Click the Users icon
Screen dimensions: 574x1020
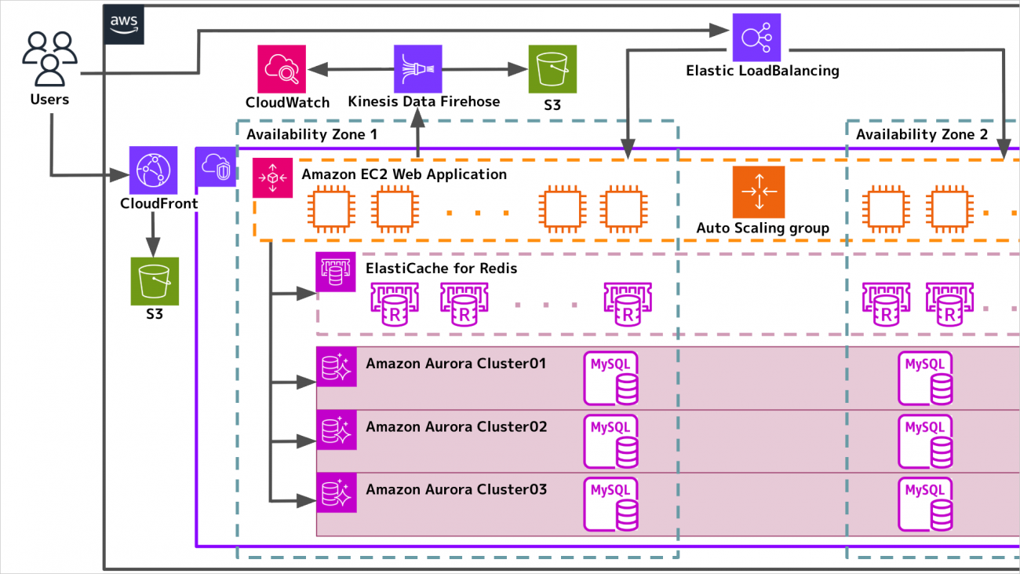50,59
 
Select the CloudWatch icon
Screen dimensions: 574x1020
281,68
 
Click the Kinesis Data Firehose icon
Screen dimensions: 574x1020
417,68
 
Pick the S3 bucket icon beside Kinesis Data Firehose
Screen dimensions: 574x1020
552,69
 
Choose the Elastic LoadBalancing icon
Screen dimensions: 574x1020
757,37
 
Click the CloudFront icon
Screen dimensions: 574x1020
153,170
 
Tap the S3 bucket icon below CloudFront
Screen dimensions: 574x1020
154,281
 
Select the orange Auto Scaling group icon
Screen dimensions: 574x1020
758,192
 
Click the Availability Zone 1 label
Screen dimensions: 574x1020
311,134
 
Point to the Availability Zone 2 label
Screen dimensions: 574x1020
921,134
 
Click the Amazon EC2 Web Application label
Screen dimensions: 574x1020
404,174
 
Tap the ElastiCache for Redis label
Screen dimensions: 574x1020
441,269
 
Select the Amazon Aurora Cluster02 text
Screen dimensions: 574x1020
456,427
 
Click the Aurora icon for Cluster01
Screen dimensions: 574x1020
337,367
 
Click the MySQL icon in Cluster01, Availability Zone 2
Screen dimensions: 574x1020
926,378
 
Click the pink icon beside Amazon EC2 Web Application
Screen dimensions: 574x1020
272,177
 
